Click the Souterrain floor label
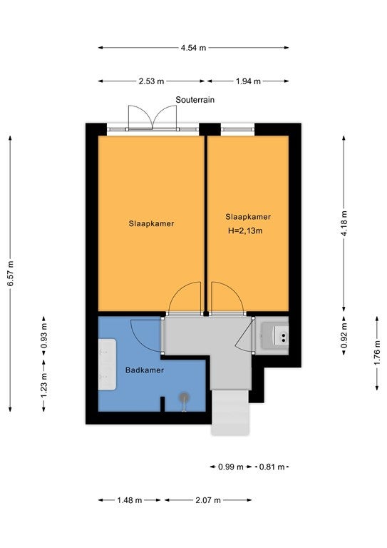click(x=195, y=100)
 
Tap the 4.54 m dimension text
click(x=193, y=48)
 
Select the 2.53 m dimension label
click(x=151, y=81)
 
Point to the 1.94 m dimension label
click(x=248, y=81)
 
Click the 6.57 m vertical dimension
click(x=11, y=274)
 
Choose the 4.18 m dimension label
click(x=344, y=223)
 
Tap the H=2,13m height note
click(x=245, y=230)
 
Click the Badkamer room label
click(x=145, y=370)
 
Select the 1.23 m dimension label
click(x=44, y=385)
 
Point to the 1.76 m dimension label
click(x=377, y=353)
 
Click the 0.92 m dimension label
click(x=344, y=335)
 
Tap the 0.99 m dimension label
click(x=231, y=467)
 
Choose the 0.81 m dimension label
click(x=272, y=467)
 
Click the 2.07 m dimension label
click(x=208, y=500)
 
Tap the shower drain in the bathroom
click(x=185, y=397)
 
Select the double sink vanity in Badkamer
click(x=107, y=364)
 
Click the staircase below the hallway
click(x=231, y=412)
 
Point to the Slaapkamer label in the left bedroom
click(x=151, y=223)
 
